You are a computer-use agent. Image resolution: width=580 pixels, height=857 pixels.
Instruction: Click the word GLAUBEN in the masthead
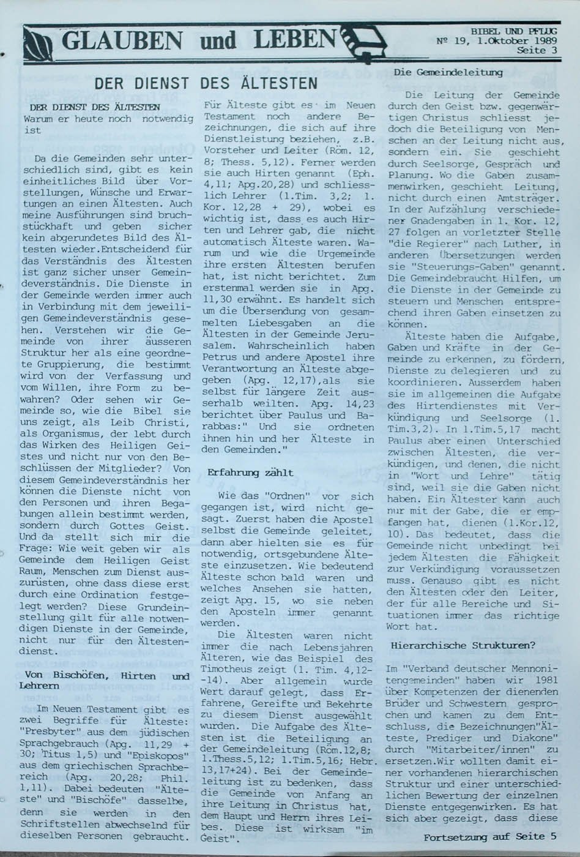122,41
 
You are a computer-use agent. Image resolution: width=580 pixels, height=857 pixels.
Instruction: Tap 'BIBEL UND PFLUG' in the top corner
514,31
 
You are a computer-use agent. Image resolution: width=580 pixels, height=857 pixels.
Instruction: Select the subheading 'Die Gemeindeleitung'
448,72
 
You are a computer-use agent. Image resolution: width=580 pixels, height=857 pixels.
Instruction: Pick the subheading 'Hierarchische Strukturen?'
463,645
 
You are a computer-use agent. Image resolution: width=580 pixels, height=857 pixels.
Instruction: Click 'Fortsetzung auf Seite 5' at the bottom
489,837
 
